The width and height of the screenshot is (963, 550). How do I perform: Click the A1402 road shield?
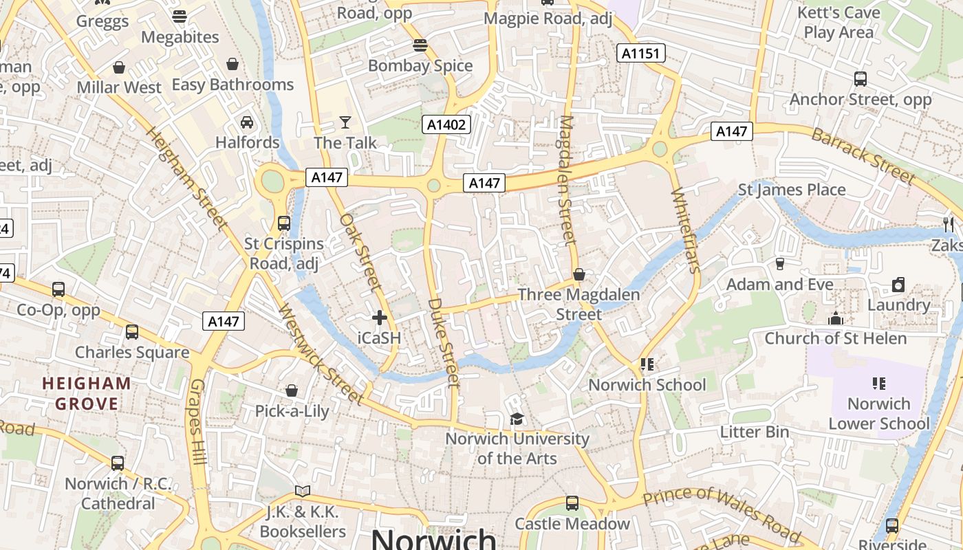click(446, 124)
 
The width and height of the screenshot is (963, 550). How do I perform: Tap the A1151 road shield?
click(640, 53)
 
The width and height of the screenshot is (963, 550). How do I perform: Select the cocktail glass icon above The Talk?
click(345, 122)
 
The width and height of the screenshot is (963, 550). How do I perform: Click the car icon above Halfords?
click(247, 122)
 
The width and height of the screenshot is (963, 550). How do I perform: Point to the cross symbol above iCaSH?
click(379, 318)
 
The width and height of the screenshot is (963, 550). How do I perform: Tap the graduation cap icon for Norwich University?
click(517, 419)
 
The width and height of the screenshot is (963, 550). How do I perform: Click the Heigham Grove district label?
click(87, 393)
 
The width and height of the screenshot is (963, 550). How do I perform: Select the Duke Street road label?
click(443, 342)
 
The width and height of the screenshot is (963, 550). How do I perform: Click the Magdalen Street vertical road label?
click(566, 180)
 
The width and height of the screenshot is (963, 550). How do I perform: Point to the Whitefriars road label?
click(685, 230)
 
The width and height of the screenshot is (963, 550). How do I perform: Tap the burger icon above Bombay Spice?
click(420, 46)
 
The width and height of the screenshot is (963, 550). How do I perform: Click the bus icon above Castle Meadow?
click(572, 503)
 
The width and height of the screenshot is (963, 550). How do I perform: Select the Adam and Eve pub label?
click(779, 284)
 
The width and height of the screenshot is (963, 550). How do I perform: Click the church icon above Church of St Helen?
click(836, 318)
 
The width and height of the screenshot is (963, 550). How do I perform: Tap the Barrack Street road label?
click(863, 155)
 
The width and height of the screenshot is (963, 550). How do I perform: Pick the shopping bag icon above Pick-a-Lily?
click(292, 390)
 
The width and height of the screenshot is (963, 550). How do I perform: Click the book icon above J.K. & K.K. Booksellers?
click(303, 491)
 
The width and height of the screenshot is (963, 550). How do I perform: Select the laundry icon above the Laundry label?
click(898, 285)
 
